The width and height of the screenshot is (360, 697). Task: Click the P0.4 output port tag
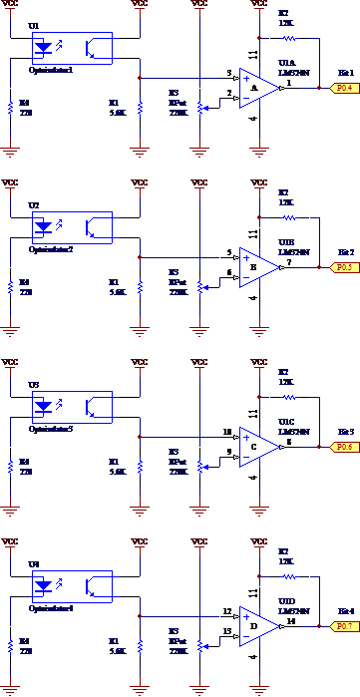[x=344, y=88]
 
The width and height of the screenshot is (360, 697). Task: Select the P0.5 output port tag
[x=344, y=267]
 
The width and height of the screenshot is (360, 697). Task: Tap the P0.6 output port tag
[x=344, y=447]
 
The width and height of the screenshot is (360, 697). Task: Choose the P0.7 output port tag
[x=344, y=626]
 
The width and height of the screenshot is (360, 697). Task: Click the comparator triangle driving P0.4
[x=258, y=88]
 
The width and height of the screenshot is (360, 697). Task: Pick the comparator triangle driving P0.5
[x=258, y=267]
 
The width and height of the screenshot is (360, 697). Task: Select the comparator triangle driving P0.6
[x=258, y=447]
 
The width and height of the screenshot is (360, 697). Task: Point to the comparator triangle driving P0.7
[x=258, y=626]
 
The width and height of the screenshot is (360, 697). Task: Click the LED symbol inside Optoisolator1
[x=43, y=48]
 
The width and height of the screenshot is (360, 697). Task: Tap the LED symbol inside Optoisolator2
[x=43, y=227]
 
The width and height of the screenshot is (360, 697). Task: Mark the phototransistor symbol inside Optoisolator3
[x=96, y=407]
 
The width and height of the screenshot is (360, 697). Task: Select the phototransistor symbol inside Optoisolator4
[x=96, y=586]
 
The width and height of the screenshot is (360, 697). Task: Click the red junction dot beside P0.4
[x=319, y=88]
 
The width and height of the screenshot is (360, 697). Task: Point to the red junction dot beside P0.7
[x=319, y=626]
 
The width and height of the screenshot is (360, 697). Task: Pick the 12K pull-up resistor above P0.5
[x=289, y=218]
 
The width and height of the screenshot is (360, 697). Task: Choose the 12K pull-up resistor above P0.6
[x=289, y=398]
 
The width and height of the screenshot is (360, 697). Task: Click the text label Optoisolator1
[x=51, y=70]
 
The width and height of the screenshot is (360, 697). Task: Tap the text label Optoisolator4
[x=51, y=608]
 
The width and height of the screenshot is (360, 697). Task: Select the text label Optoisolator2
[x=51, y=249]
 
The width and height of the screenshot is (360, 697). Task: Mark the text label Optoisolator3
[x=51, y=429]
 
